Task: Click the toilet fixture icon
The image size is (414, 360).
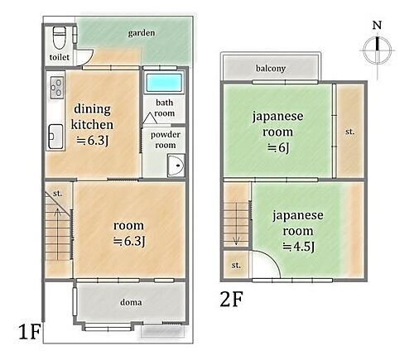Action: [59, 38]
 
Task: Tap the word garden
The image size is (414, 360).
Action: [142, 33]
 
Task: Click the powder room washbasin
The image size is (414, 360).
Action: [174, 167]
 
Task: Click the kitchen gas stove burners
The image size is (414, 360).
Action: [56, 85]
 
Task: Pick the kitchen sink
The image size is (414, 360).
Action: [55, 133]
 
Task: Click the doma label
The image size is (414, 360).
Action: [131, 302]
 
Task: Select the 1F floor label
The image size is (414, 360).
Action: [28, 333]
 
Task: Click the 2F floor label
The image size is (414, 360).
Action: [233, 295]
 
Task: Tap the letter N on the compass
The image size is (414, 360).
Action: [377, 26]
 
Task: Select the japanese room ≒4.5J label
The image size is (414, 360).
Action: [297, 230]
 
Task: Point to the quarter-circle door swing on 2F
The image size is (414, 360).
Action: [263, 266]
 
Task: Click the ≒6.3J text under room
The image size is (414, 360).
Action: [129, 241]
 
